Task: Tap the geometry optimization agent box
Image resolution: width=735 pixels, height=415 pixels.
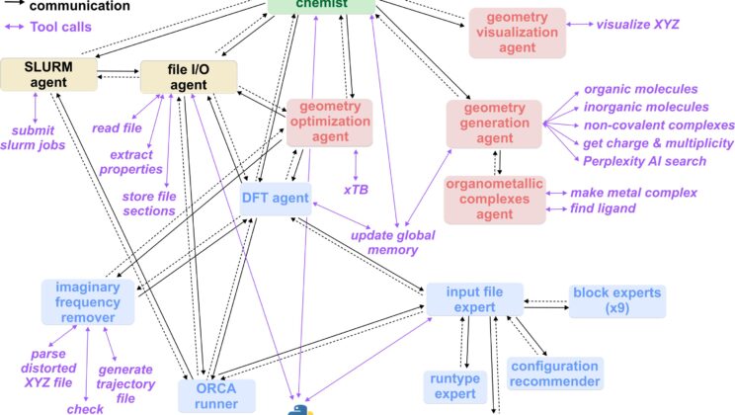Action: pyautogui.click(x=329, y=122)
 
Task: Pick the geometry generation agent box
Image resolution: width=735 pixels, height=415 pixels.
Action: pyautogui.click(x=494, y=122)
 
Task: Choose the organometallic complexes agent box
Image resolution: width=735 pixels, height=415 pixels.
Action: pyautogui.click(x=493, y=198)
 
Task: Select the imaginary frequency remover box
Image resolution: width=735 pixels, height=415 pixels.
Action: pyautogui.click(x=87, y=301)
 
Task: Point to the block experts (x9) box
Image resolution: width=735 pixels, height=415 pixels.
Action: pyautogui.click(x=617, y=302)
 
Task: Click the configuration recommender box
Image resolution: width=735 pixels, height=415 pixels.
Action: pyautogui.click(x=554, y=373)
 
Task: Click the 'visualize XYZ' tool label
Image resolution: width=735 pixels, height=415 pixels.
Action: pyautogui.click(x=638, y=22)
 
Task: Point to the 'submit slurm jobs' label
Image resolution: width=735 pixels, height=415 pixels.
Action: pyautogui.click(x=38, y=137)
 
